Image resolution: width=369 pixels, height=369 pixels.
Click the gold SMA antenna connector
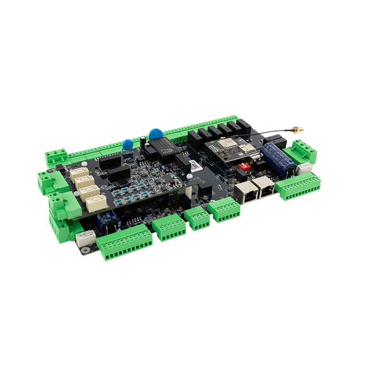296,131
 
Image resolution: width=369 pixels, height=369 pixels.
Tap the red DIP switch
263,169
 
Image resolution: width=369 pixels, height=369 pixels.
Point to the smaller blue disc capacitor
128,145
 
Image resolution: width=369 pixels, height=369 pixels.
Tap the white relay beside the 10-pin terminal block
85,240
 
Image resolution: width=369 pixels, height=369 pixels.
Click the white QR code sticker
193,165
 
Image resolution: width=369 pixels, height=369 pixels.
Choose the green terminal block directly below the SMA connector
301,152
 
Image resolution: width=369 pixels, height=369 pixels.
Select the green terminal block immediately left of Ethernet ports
224,210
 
